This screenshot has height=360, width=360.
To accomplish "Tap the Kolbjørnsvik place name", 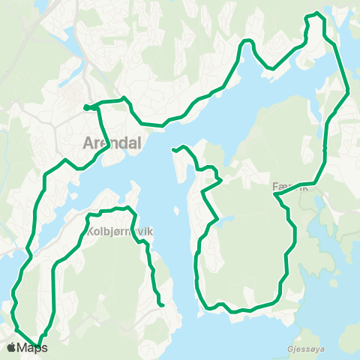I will coord(120,232).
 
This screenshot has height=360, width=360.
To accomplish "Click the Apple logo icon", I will coord(11,347).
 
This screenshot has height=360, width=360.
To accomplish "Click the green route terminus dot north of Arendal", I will coord(87,107).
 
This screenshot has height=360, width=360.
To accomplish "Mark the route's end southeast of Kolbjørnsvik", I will coord(161,304).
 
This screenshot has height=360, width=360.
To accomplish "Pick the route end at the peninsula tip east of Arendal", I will coord(175,149).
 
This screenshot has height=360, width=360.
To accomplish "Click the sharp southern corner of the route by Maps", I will coord(37,346).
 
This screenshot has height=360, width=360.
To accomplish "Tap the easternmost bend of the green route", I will coord(349,93).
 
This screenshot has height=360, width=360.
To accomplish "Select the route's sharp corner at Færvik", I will coord(276,195).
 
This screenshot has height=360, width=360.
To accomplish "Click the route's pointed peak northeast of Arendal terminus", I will coord(124,98).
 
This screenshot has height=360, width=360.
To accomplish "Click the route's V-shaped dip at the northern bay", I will coord(268,67).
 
